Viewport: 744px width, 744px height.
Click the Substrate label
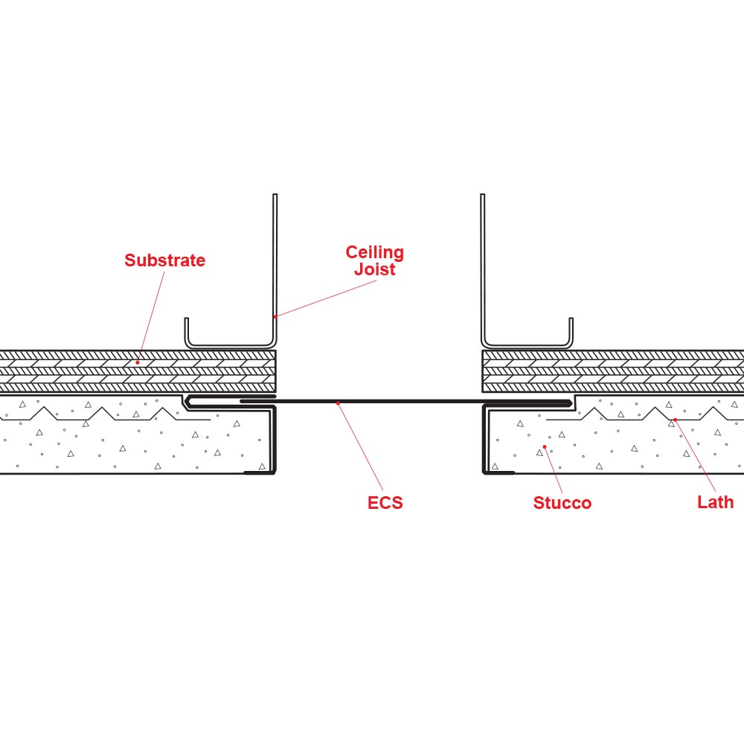tap(164, 260)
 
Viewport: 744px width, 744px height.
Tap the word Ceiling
tap(374, 253)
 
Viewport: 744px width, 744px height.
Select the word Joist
tap(374, 269)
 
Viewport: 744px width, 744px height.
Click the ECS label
tap(385, 503)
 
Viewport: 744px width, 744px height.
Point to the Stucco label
tap(562, 503)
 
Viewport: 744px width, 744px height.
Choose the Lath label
tap(715, 502)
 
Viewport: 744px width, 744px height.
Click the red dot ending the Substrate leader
tap(138, 362)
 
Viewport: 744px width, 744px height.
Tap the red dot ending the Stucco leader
tap(545, 447)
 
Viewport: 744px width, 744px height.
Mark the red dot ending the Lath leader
tap(675, 420)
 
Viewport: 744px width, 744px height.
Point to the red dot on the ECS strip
tap(339, 403)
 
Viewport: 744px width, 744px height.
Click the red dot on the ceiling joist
tap(275, 316)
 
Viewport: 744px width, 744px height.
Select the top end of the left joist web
tap(275, 196)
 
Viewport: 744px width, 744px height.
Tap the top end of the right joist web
tap(483, 196)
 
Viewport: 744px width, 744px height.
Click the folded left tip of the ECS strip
tap(188, 403)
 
